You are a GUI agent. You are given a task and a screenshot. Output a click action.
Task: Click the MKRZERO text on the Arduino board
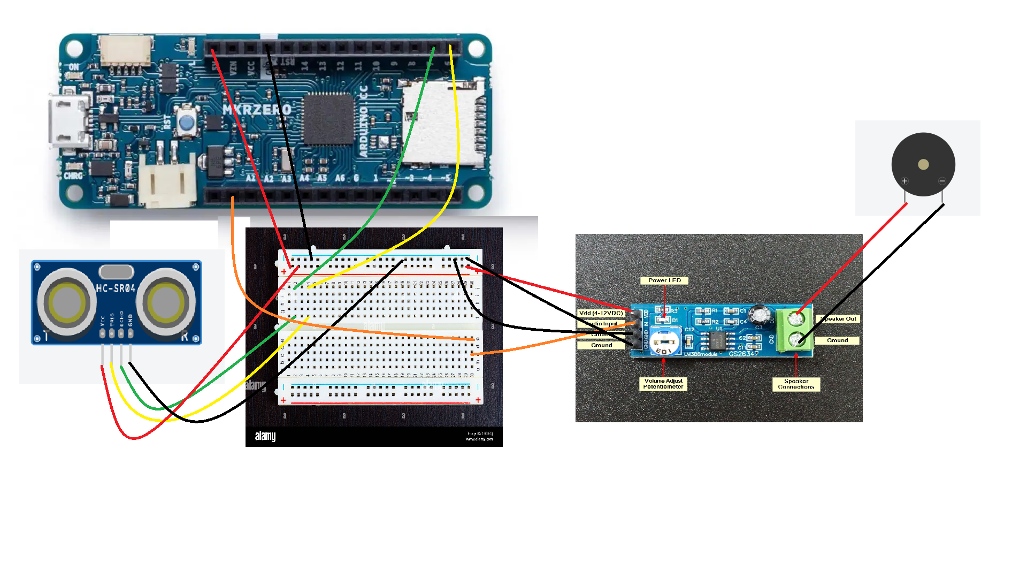[x=257, y=110]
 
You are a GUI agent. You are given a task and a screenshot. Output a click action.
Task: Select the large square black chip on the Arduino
[x=328, y=119]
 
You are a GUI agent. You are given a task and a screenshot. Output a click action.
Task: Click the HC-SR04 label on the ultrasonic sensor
[x=116, y=288]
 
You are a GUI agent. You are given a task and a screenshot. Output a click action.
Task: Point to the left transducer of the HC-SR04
[x=67, y=301]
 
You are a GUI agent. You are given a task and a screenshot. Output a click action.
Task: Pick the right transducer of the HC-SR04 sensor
[x=166, y=301]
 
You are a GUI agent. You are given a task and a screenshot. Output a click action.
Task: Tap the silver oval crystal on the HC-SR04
[x=116, y=272]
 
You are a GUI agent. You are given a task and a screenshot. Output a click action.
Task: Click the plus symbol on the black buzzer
[x=905, y=181]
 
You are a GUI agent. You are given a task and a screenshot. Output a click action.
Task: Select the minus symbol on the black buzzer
[x=942, y=181]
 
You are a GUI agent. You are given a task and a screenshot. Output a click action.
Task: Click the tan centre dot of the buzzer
[x=923, y=164]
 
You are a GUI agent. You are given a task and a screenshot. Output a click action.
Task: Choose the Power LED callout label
[x=664, y=280]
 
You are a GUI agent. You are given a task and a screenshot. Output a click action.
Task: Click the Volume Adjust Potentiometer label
[x=663, y=384]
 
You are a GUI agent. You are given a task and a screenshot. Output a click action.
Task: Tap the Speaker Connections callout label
[x=796, y=384]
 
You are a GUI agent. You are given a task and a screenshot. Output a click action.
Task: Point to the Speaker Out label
[x=838, y=319]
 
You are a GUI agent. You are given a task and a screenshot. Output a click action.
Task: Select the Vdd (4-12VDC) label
[x=601, y=313]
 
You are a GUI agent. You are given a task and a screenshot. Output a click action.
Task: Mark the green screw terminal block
[x=795, y=330]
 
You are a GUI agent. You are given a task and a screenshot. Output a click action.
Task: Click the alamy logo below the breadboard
[x=265, y=436]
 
